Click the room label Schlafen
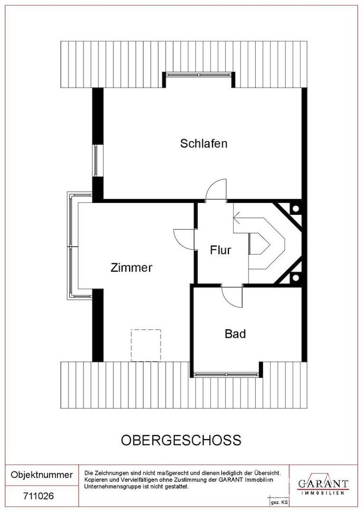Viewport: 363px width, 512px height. pos(203,143)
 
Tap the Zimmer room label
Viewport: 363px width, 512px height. pos(131,267)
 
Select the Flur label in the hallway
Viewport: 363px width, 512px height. pos(220,250)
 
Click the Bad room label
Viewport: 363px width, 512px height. pos(235,334)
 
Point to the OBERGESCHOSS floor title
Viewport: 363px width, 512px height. pos(181,440)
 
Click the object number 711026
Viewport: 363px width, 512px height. pos(39,496)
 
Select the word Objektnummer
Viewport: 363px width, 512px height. pos(42,475)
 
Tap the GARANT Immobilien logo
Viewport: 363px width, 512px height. pos(323,485)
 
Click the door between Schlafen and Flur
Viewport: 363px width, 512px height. pos(216,191)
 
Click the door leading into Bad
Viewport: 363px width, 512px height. pos(232,296)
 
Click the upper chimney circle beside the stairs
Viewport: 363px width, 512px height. pos(295,208)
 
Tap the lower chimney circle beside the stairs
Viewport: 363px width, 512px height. pos(295,277)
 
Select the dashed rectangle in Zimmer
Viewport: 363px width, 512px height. pos(146,345)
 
